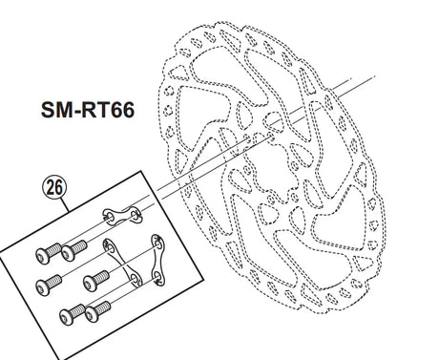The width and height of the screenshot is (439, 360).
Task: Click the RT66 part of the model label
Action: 108,110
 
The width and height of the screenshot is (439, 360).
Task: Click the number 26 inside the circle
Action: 54,188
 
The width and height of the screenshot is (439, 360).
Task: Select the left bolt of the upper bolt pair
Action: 49,253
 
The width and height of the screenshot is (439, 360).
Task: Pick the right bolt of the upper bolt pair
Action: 73,250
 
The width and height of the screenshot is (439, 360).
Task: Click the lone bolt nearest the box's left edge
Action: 48,285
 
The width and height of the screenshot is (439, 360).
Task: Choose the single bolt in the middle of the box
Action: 96,281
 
